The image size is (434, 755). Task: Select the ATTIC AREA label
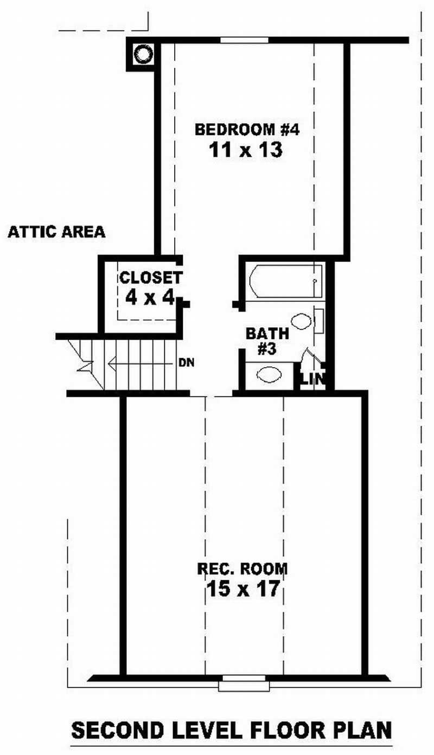(56, 233)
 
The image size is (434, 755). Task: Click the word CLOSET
(150, 278)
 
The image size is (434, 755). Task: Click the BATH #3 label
(261, 341)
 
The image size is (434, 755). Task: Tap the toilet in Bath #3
(302, 321)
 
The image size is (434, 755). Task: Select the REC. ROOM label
(242, 569)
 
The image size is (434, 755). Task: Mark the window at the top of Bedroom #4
(244, 40)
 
